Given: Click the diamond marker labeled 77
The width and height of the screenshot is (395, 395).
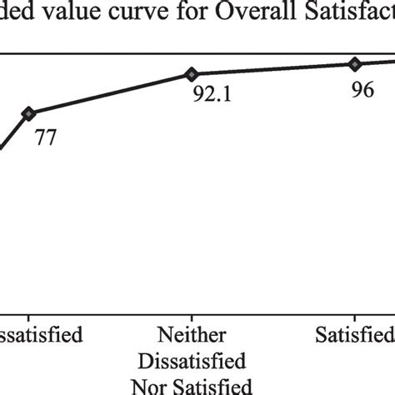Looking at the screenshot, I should (x=28, y=112).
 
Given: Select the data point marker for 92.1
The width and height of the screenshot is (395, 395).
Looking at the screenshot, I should (x=192, y=74).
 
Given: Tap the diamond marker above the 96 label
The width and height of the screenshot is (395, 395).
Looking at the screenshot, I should (x=354, y=63).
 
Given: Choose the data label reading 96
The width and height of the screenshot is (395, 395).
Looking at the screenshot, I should (x=362, y=91).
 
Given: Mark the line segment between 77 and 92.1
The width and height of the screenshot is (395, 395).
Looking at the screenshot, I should (x=110, y=93).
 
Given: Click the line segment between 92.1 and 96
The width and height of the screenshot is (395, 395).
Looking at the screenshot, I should (x=273, y=69).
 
